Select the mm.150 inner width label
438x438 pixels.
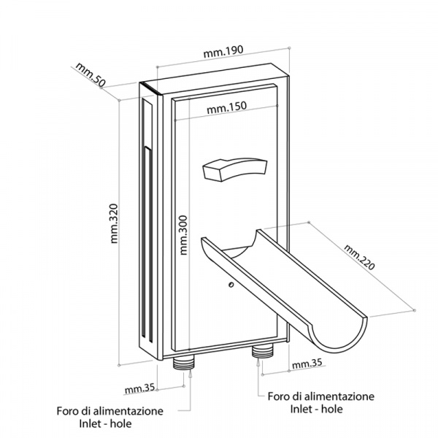click(x=226, y=107)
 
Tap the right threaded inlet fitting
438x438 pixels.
click(x=260, y=353)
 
